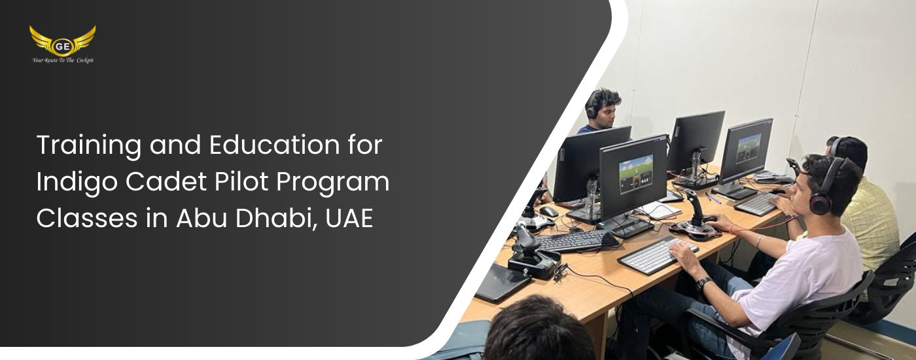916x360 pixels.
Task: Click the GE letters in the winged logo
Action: pos(62,46)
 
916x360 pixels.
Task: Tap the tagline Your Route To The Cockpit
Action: pos(63,60)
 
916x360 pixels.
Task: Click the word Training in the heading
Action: pos(89,146)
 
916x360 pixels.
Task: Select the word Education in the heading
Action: pos(274,145)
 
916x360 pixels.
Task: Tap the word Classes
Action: pos(86,218)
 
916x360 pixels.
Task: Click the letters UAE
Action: pos(349,219)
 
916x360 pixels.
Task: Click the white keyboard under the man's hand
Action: pos(658,255)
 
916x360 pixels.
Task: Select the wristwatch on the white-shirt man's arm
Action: pos(703,283)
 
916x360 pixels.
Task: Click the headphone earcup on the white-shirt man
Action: pos(820,204)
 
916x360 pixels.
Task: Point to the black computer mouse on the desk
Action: pos(548,211)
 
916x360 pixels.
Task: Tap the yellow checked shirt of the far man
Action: pos(871,221)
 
